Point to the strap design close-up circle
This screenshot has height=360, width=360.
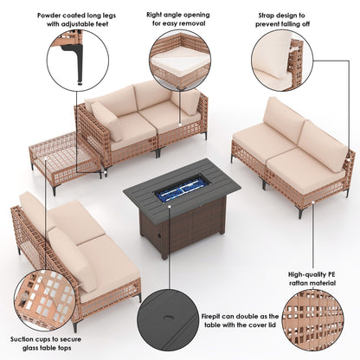click(x=282, y=61)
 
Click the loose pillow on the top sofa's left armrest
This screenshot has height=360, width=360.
click(x=106, y=121)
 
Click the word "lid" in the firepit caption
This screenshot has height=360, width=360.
click(x=272, y=325)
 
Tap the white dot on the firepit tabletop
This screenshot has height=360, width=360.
click(x=170, y=207)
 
